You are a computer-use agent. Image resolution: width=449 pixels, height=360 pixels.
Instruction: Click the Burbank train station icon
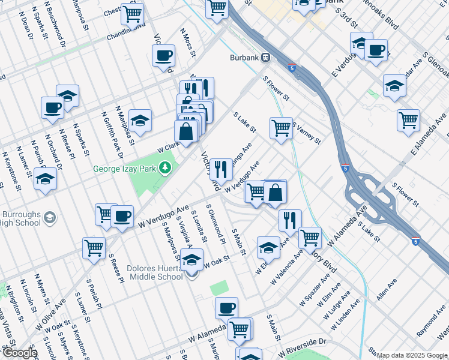coord(265,58)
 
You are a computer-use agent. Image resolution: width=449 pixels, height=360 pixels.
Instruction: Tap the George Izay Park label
coord(124,169)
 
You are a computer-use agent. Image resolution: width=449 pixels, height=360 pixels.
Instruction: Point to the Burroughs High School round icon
coord(50,217)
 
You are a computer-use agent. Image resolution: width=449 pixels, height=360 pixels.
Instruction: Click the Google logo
coord(19,353)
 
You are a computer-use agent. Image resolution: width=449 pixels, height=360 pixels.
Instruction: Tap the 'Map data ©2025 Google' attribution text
coord(411,355)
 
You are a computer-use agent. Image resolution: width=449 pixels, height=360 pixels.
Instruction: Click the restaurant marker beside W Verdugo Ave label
coord(221,170)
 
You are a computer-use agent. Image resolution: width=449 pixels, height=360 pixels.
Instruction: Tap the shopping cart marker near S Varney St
coord(281,128)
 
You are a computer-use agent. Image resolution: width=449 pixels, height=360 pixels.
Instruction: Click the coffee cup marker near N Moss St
coord(164,56)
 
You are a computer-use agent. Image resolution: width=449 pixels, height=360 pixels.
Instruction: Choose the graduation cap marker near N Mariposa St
coord(140,121)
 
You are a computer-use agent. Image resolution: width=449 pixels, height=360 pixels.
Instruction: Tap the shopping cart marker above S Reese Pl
coord(94,247)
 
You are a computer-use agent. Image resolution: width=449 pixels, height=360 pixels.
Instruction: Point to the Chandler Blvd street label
coord(126,32)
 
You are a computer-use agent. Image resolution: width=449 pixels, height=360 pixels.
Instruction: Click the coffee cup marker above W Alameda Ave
coord(226,308)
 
